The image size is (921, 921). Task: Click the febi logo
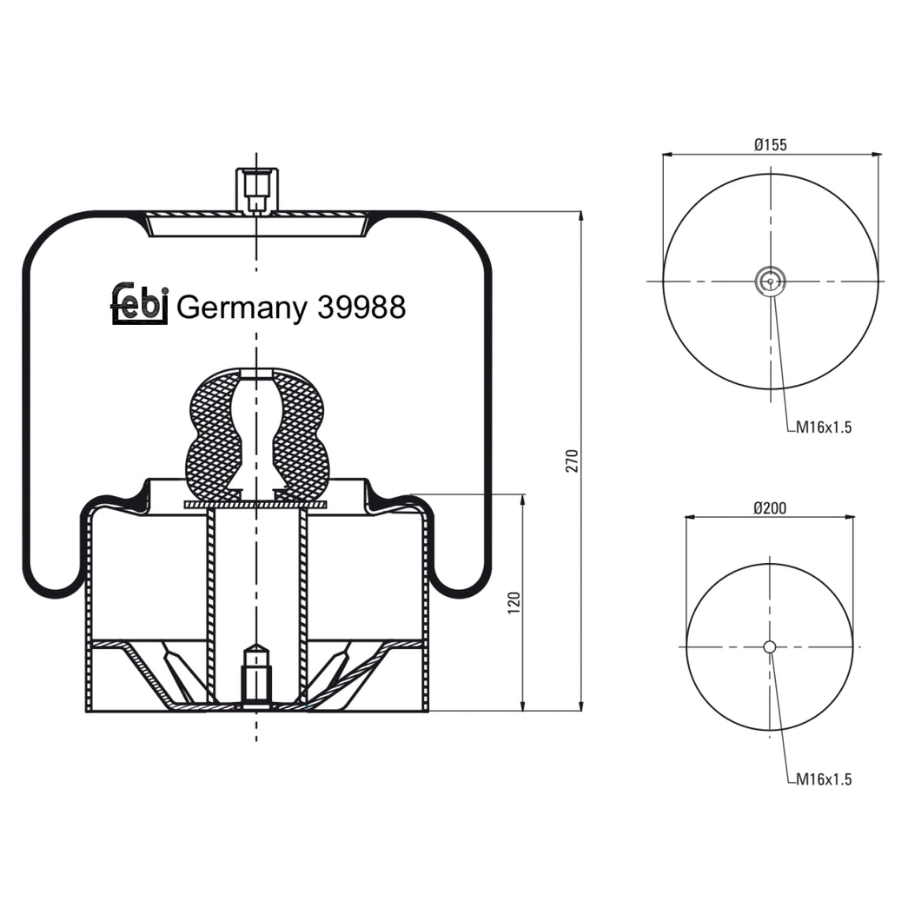138,304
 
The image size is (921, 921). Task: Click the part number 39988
361,308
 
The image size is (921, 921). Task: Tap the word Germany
242,308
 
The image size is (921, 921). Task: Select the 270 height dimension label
571,461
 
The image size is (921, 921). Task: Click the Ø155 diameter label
771,145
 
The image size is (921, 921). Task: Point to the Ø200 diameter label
770,508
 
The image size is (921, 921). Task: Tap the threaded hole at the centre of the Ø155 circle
770,281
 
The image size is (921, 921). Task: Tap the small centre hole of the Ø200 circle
770,646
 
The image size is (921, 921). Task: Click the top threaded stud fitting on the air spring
256,189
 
